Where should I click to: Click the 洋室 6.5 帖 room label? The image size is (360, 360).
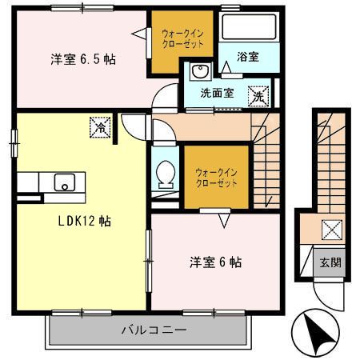83,59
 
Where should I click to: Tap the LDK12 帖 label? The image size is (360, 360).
85,221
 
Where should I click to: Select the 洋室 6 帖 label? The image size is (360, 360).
215,262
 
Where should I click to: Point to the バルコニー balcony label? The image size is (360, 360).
154,330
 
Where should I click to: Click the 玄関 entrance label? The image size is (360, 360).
330,262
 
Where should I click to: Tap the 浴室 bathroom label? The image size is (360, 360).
248,57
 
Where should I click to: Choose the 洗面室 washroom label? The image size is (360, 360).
217,93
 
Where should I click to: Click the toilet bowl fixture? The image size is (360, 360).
166,173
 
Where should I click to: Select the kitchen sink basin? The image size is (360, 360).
65,182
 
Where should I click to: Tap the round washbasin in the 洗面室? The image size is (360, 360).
200,71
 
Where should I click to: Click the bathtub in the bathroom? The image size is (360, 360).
249,26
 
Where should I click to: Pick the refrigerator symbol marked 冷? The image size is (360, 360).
100,127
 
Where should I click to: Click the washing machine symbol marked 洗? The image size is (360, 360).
258,96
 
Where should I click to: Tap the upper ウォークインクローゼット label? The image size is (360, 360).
182,39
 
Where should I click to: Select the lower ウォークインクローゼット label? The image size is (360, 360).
216,178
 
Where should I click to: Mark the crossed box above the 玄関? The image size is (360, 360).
332,230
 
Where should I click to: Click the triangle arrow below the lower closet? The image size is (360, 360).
224,220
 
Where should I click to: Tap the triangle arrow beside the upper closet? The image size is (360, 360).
139,34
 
